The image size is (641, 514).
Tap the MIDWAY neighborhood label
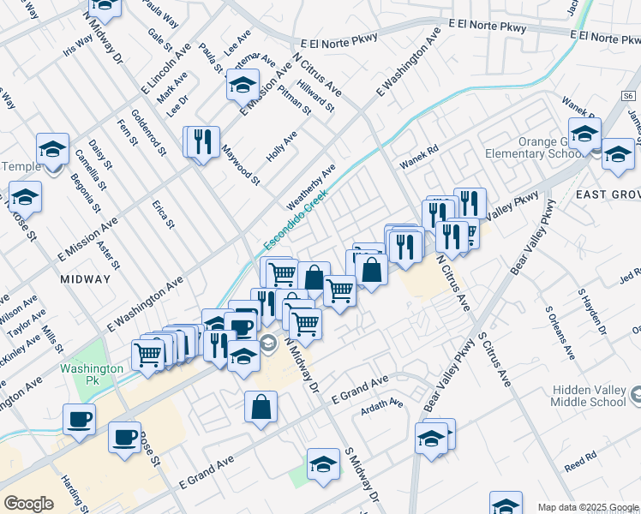(x=86, y=279)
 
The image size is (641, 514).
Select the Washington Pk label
(x=92, y=368)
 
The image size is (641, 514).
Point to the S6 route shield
(x=629, y=97)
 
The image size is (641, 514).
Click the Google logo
(x=28, y=504)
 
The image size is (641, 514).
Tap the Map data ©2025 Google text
(x=587, y=507)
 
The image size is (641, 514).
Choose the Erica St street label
(x=163, y=214)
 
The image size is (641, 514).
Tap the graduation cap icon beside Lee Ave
(x=243, y=85)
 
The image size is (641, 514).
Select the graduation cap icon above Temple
(x=52, y=149)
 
